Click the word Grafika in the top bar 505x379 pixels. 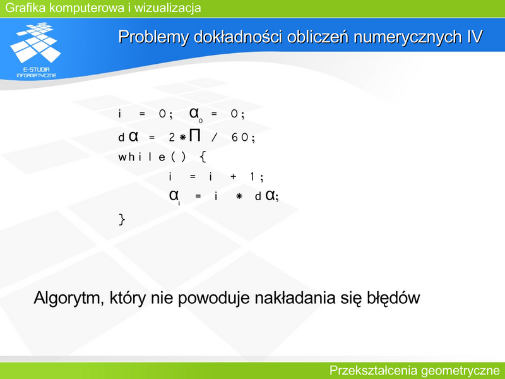pyautogui.click(x=25, y=8)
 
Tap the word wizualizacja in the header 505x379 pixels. pyautogui.click(x=167, y=8)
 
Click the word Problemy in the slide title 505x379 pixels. pyautogui.click(x=153, y=37)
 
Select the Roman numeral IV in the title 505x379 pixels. pyautogui.click(x=475, y=37)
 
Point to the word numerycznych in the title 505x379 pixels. pyautogui.click(x=408, y=37)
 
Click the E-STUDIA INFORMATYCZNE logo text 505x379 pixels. pyautogui.click(x=37, y=72)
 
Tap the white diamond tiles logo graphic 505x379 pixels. pyautogui.click(x=36, y=42)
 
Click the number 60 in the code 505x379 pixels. pyautogui.click(x=240, y=138)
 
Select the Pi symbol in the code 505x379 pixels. pyautogui.click(x=195, y=136)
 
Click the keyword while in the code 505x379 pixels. pyautogui.click(x=141, y=157)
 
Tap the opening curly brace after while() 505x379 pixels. pyautogui.click(x=203, y=157)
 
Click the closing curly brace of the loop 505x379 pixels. pyautogui.click(x=122, y=219)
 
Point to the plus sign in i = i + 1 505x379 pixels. pyautogui.click(x=233, y=177)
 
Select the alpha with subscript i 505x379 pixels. pyautogui.click(x=174, y=196)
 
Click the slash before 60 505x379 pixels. pyautogui.click(x=215, y=138)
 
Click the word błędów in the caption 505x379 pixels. pyautogui.click(x=393, y=298)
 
